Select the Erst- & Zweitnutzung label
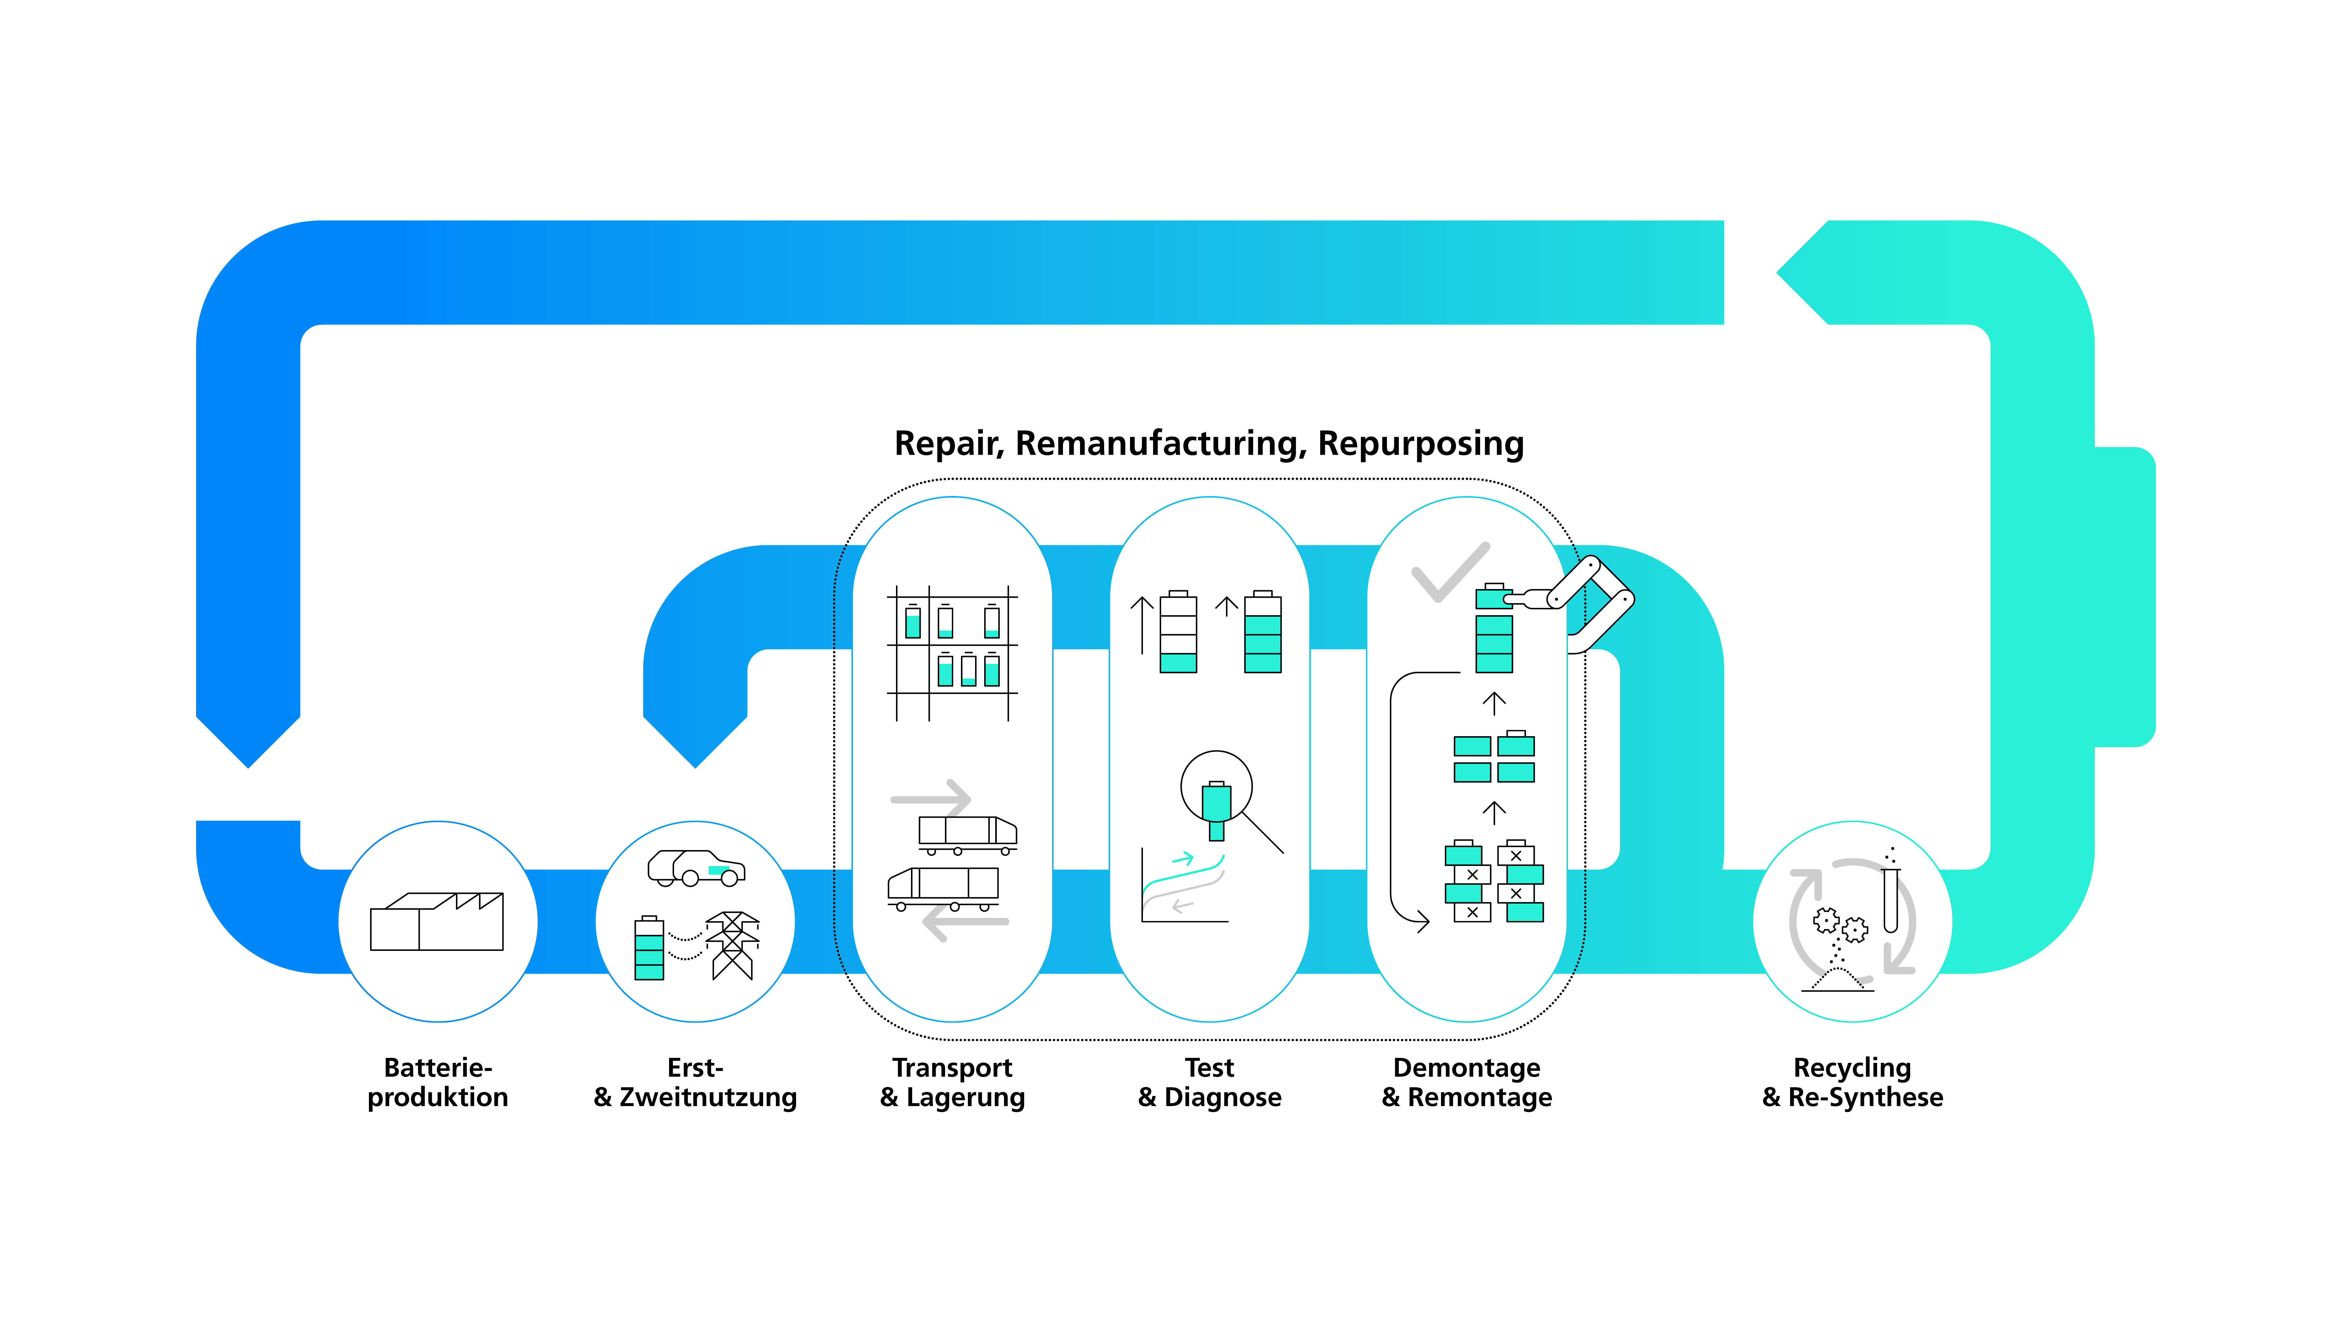click(x=695, y=1082)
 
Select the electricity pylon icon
click(x=732, y=945)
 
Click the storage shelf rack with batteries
click(x=952, y=653)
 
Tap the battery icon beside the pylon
click(x=649, y=948)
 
